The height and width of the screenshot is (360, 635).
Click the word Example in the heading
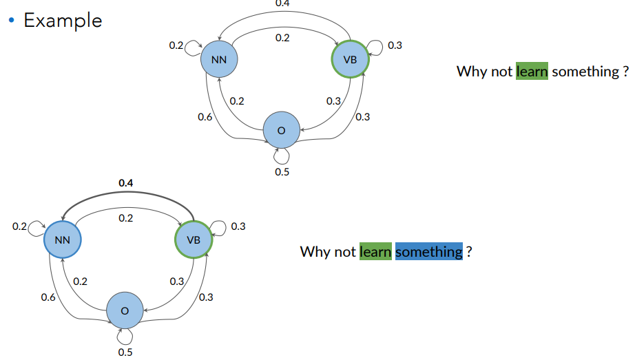point(63,21)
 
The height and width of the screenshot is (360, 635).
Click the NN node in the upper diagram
point(219,60)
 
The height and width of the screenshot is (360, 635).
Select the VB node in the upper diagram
point(350,60)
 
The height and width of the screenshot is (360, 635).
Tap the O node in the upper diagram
point(281,130)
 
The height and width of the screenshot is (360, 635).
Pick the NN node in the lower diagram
point(62,240)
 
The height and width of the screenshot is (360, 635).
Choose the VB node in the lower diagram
point(194,240)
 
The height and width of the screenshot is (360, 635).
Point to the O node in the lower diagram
point(125,311)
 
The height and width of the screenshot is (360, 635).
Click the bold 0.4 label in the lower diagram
point(125,183)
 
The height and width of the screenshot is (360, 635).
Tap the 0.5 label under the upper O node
point(282,171)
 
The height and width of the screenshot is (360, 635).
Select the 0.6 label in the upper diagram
point(205,117)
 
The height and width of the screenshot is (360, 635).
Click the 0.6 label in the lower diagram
point(48,297)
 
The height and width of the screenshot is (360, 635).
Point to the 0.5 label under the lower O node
point(125,352)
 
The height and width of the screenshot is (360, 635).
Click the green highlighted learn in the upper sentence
point(532,72)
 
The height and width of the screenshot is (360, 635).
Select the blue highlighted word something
point(428,252)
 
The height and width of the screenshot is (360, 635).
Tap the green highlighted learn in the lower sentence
point(375,252)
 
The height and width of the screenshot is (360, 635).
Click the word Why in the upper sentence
point(472,72)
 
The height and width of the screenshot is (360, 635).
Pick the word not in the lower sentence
point(345,252)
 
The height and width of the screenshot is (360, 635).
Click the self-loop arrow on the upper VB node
point(375,47)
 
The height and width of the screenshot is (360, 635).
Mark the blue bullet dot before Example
point(11,20)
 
